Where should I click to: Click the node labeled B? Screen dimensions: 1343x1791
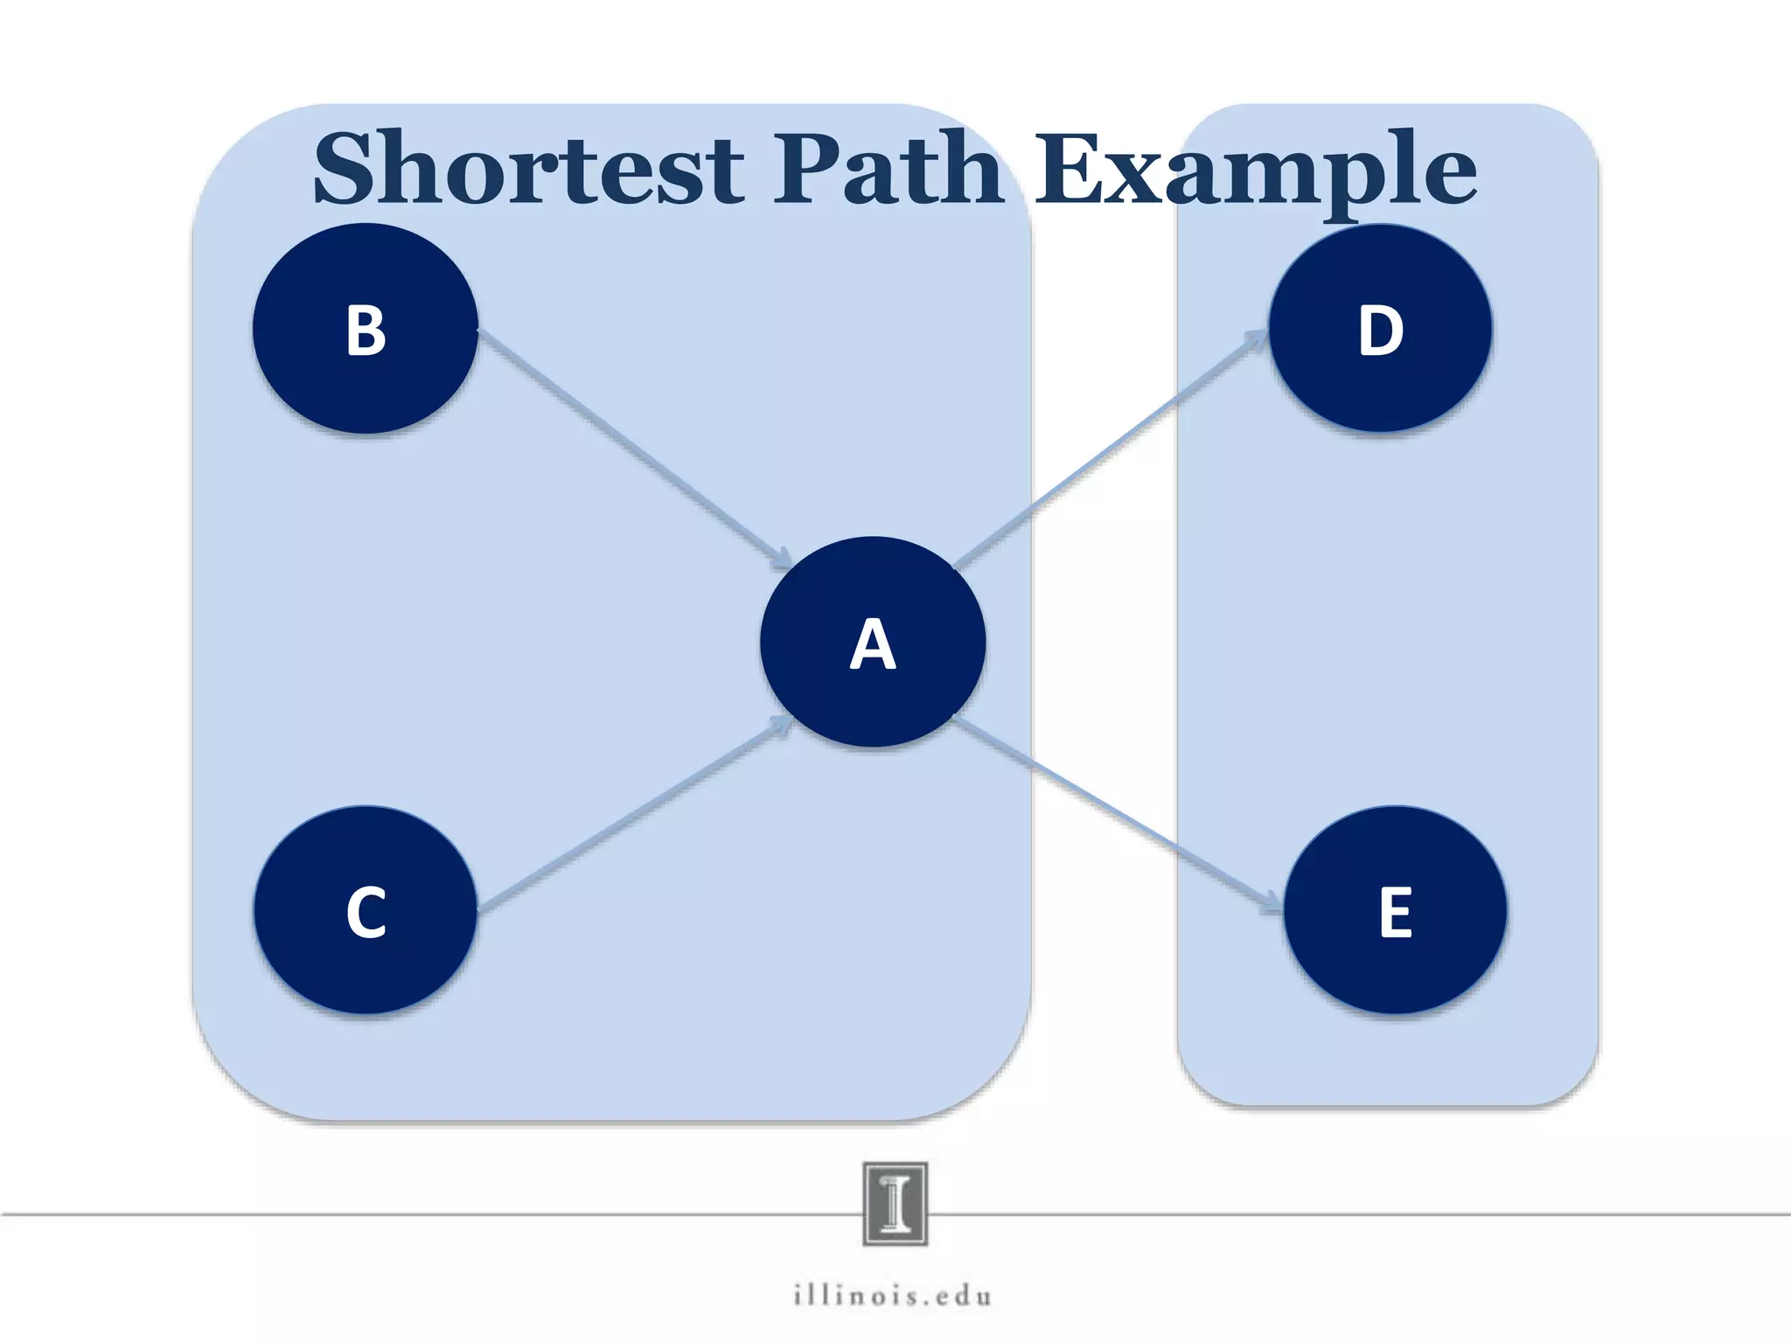(x=366, y=329)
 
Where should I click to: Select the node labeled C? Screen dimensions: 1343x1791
(x=366, y=910)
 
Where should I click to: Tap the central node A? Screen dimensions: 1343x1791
(x=873, y=642)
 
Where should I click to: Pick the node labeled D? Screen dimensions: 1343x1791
(x=1380, y=329)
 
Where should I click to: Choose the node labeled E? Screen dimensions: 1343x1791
(x=1395, y=910)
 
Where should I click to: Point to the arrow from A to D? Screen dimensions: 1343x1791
(x=1111, y=449)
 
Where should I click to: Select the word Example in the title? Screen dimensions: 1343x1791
(x=1255, y=170)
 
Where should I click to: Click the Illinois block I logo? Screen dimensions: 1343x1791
(x=895, y=1203)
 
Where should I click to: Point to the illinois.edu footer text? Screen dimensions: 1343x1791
(x=893, y=1295)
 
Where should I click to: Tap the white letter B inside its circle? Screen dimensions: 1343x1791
(x=366, y=331)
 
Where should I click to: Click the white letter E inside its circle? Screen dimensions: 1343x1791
(x=1396, y=912)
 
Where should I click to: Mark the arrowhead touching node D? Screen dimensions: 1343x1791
(x=1258, y=337)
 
